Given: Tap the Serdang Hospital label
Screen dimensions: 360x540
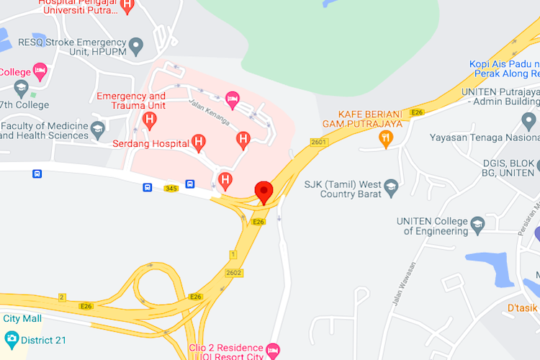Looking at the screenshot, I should coord(150,143).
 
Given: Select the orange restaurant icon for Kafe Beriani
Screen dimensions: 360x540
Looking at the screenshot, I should coord(387,138).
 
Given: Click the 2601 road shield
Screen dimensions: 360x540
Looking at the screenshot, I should coord(319,143).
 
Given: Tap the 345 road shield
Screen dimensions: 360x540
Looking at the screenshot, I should coord(171,189).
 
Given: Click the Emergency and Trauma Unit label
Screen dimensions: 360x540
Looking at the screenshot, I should coord(131,101).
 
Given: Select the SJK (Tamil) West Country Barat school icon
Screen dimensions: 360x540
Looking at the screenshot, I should coord(392,186).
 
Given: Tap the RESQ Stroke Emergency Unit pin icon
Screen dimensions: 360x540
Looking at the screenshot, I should coord(135,48).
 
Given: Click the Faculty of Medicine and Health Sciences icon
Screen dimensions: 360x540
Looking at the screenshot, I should coord(98,130).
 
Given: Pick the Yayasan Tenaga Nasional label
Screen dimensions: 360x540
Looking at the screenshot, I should coord(483,138).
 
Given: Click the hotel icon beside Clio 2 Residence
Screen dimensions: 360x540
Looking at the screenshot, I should coord(272,351).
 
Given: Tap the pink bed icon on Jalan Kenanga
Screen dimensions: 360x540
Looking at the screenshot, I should coord(231,97).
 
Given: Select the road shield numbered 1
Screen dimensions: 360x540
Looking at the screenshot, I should coord(233,254).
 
